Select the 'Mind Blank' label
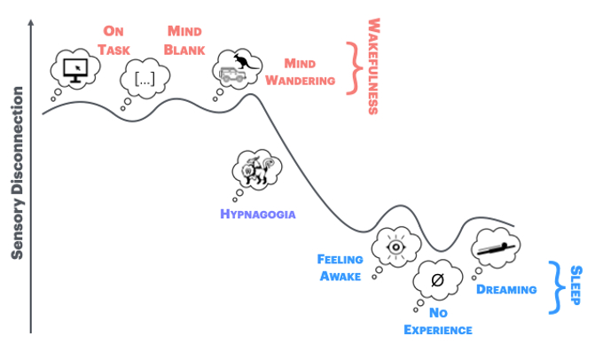pos(185,40)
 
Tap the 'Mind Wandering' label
pos(309,72)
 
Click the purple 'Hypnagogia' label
pos(257,214)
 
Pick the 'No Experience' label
pos(437,321)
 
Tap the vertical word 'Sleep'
pos(576,286)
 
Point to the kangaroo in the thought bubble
pos(242,62)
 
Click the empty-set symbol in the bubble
pos(436,280)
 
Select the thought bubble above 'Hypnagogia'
pos(256,169)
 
